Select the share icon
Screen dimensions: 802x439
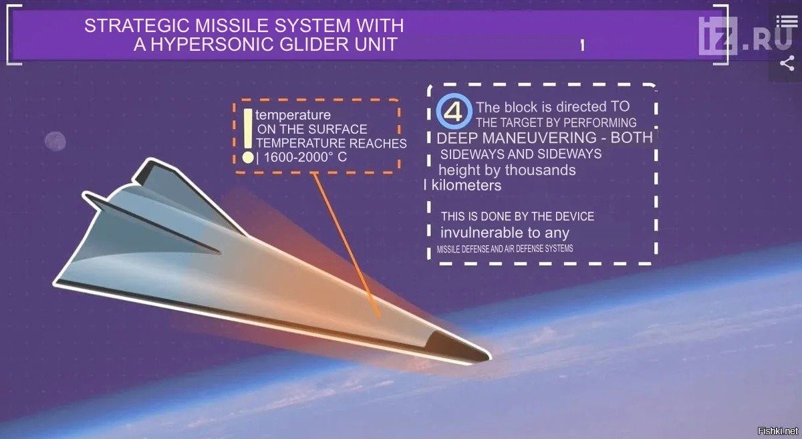click(787, 63)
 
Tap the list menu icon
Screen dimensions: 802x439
click(787, 21)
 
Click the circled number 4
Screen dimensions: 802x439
click(454, 112)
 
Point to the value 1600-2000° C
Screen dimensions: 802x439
click(305, 158)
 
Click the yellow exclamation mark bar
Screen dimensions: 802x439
click(248, 128)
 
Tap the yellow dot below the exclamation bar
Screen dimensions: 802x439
click(248, 158)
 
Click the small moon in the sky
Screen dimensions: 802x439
click(55, 141)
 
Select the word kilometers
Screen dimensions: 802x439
click(466, 186)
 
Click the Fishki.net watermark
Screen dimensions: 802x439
click(778, 432)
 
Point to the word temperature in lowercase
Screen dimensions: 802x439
click(293, 116)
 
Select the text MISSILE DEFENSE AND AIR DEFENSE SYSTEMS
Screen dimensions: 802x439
click(505, 249)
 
